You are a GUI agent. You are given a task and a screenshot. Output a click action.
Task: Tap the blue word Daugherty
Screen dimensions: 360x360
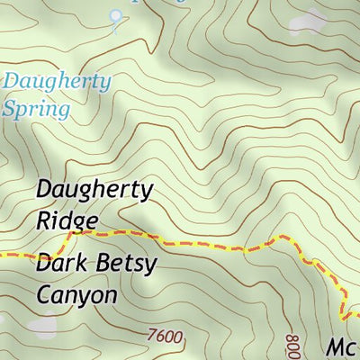[58, 82]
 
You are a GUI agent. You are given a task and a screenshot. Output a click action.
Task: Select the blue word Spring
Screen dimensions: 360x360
[36, 110]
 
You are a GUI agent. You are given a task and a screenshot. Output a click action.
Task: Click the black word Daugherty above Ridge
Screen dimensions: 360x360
[95, 191]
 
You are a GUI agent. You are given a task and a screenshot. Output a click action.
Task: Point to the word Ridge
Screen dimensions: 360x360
[67, 219]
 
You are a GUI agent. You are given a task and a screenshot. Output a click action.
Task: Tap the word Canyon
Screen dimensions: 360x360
[76, 293]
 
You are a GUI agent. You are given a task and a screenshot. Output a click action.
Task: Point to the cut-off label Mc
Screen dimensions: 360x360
[342, 348]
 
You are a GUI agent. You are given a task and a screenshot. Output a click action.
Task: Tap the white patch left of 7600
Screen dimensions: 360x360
[41, 328]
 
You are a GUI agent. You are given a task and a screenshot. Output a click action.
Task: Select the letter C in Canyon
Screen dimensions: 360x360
[45, 293]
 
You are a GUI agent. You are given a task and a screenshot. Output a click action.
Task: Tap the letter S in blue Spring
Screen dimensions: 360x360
[10, 109]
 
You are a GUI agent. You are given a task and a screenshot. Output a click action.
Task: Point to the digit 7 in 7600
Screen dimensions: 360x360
[151, 337]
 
